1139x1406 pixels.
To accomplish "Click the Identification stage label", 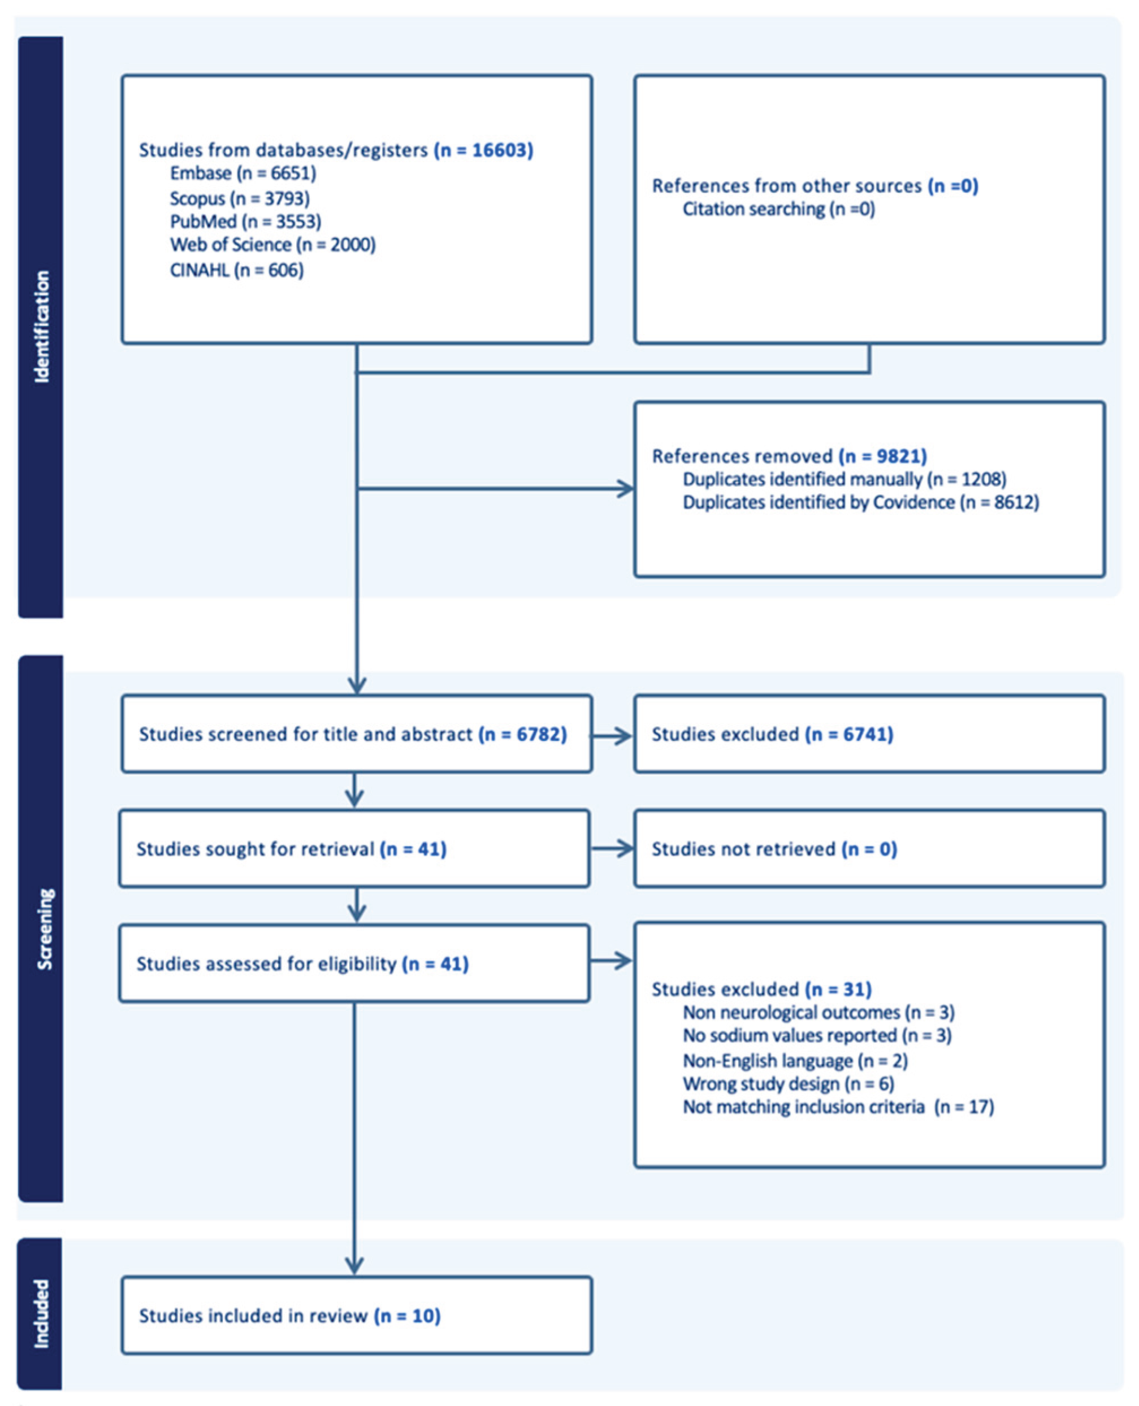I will [41, 327].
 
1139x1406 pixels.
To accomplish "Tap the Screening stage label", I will [44, 929].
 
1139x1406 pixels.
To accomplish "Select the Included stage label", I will [41, 1313].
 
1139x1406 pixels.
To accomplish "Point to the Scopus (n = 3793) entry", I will [240, 198].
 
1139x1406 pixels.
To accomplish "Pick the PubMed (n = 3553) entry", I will [245, 222].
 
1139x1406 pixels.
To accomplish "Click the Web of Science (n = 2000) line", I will [272, 245].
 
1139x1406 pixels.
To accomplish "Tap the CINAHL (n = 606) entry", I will [236, 270].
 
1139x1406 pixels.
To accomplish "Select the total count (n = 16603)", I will [483, 150].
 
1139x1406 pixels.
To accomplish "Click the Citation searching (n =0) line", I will [779, 209].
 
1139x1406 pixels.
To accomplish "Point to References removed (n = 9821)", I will [789, 456].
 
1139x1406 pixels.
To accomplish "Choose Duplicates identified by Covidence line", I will [861, 502].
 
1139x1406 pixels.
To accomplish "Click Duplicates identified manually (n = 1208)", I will [844, 479].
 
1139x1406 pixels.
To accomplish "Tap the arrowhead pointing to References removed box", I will [625, 489].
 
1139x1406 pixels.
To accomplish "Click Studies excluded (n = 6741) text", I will [772, 734].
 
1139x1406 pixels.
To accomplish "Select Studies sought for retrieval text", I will [291, 849].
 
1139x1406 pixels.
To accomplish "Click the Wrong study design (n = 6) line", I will [788, 1084].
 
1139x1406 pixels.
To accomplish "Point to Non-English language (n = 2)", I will [795, 1060].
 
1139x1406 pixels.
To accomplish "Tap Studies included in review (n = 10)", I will [289, 1316].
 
